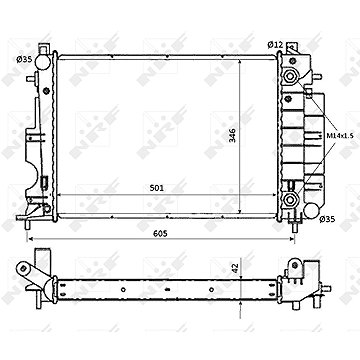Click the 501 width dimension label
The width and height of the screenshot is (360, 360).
click(x=157, y=188)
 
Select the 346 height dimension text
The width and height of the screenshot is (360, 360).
click(x=232, y=135)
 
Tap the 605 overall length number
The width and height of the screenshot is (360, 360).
click(x=160, y=234)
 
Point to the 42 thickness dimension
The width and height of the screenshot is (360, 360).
click(x=236, y=269)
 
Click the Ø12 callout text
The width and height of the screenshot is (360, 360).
click(x=275, y=45)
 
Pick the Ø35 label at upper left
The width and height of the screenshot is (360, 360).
click(x=24, y=59)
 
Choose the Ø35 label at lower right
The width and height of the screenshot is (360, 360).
click(x=327, y=219)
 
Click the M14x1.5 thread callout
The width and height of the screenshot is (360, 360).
click(x=338, y=136)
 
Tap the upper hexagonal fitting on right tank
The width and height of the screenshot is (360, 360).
click(x=290, y=76)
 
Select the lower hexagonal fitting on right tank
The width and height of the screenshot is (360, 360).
click(x=290, y=200)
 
